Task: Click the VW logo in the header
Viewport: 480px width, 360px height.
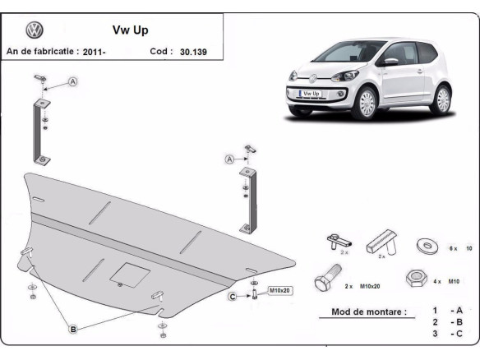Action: coord(34,30)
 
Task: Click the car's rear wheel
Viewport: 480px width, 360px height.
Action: coord(442,99)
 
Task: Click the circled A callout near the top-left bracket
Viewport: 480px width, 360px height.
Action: coord(72,82)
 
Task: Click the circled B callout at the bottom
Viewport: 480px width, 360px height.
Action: coord(72,329)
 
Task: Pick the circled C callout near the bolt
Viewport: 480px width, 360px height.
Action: coord(233,296)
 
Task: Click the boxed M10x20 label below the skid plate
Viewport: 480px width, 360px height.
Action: coord(280,291)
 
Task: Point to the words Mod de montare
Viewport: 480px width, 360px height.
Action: coord(368,312)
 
